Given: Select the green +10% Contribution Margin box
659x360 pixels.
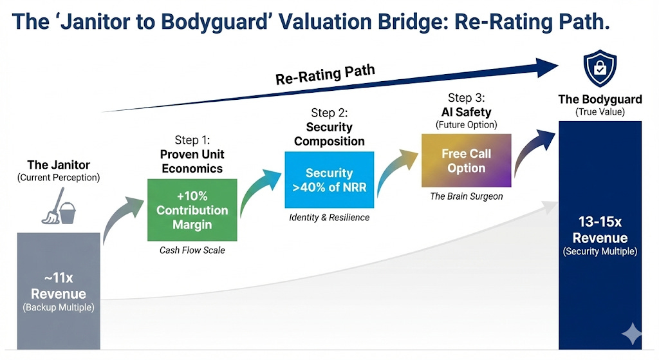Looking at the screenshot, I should click(x=192, y=209).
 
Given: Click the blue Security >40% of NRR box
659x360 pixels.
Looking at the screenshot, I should click(x=329, y=180).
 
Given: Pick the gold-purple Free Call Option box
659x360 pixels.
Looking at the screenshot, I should click(x=466, y=160).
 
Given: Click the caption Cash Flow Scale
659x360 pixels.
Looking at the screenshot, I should click(x=192, y=250).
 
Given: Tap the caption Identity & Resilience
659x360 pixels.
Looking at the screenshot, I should click(x=329, y=217).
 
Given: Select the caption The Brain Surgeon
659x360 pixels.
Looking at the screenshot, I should click(x=466, y=196).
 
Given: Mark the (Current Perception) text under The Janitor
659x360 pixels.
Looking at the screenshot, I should click(x=59, y=176).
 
